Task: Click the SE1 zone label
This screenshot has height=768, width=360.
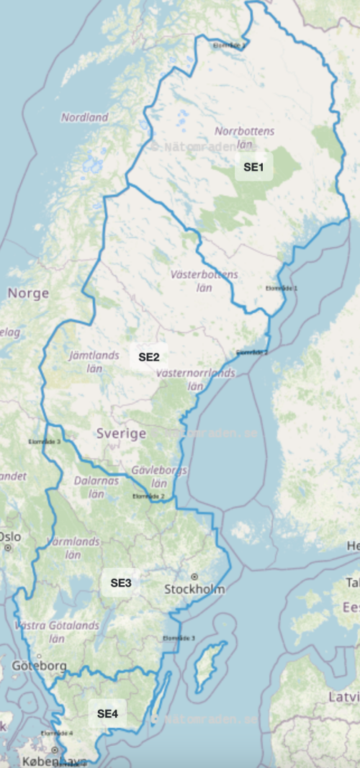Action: [x=254, y=168]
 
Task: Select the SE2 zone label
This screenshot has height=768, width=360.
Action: [x=149, y=356]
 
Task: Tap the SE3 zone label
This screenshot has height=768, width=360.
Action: [x=120, y=582]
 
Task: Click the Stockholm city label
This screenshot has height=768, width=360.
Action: [x=194, y=589]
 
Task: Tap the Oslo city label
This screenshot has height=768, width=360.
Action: [x=9, y=536]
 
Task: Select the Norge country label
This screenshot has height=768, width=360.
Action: [x=27, y=294]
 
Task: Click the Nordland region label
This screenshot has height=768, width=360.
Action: [x=84, y=117]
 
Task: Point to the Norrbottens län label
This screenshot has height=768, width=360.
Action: [x=245, y=138]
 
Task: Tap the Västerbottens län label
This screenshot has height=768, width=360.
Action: [x=204, y=281]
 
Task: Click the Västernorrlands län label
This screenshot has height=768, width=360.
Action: [x=195, y=379]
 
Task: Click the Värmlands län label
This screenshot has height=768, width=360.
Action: [x=72, y=547]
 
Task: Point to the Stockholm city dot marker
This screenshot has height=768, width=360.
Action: [x=194, y=577]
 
